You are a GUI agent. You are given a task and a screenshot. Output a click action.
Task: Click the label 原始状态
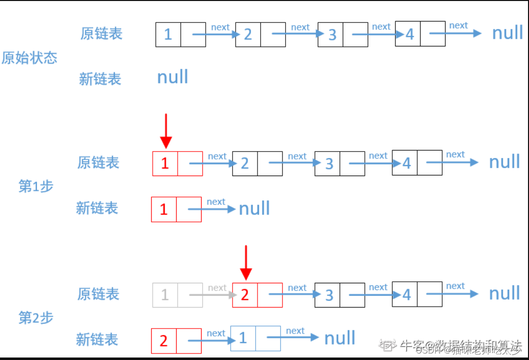click(29, 58)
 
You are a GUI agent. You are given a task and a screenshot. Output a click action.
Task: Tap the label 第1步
click(36, 186)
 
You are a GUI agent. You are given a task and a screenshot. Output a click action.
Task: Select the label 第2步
click(36, 318)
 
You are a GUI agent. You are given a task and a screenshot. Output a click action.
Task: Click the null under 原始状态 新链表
click(173, 77)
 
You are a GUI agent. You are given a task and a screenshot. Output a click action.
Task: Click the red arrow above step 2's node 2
click(245, 262)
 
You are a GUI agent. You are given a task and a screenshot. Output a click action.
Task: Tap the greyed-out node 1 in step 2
click(177, 295)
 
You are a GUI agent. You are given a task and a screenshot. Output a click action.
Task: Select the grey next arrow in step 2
click(212, 295)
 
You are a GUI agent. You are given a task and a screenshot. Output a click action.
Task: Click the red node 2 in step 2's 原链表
click(257, 295)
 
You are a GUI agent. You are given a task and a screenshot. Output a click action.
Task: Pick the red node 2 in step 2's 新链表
click(176, 341)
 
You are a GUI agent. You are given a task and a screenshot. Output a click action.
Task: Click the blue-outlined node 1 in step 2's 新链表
click(255, 339)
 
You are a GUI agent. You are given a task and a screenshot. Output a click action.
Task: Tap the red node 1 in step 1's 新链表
click(176, 209)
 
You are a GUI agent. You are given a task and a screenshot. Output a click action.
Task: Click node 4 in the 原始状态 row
click(420, 34)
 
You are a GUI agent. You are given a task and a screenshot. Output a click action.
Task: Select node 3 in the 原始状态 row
click(342, 34)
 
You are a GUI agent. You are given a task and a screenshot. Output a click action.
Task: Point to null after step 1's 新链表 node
click(255, 208)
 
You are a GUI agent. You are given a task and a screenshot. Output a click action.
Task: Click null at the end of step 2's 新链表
click(340, 338)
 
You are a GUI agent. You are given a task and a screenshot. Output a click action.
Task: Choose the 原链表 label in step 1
click(98, 163)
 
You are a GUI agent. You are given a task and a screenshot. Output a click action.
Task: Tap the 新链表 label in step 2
click(97, 340)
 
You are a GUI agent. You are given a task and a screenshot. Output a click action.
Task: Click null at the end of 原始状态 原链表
click(508, 33)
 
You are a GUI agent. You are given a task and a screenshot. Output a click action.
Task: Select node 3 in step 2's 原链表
click(339, 295)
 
